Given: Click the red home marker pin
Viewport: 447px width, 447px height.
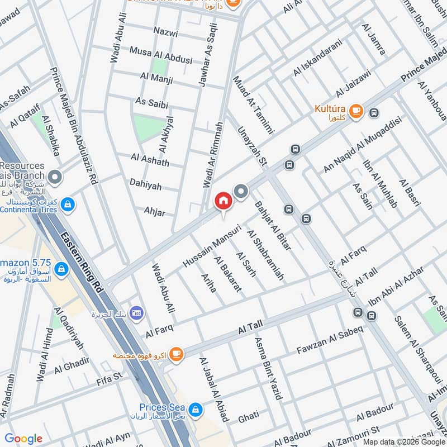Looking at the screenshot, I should pos(223,201).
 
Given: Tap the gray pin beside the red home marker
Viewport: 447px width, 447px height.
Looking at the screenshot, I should pos(241,192).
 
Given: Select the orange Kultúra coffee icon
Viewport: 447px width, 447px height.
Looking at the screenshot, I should pos(358,112).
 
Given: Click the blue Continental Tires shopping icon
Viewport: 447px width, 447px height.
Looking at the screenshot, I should pos(68,205).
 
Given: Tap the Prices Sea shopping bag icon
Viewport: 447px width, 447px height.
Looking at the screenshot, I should pos(194,410).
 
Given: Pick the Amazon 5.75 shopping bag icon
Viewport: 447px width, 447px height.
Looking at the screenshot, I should pos(61,270).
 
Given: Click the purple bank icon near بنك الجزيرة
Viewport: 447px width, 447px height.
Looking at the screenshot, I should pos(135,313).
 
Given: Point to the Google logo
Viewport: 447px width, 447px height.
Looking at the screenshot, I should pos(23,439).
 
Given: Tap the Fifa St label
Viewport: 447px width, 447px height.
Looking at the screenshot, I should pos(110,378).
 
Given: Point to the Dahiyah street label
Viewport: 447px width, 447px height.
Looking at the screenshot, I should pos(145,182).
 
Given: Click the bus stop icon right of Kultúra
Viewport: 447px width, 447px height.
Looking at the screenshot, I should pos(374,113).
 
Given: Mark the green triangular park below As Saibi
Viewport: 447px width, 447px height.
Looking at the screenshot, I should pos(148,128).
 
